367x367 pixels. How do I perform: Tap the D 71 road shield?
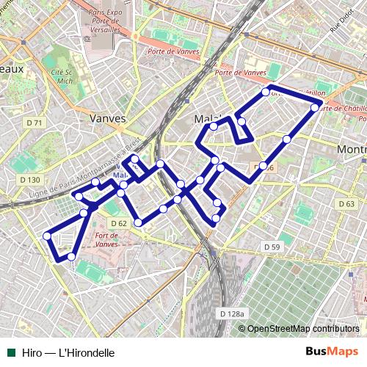coord(34,123)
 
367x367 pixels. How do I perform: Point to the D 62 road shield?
coord(119,223)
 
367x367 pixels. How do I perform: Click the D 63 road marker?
coord(346,203)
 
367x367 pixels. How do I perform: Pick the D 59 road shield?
coord(271,247)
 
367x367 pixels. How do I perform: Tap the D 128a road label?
coord(232,314)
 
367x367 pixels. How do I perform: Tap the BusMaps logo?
coord(332,352)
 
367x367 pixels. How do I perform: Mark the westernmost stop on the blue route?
coord(47,236)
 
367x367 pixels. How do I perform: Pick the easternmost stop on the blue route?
coord(315,108)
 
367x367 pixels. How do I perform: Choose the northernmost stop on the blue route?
coord(266,92)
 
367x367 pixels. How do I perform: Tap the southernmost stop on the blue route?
coord(71,256)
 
